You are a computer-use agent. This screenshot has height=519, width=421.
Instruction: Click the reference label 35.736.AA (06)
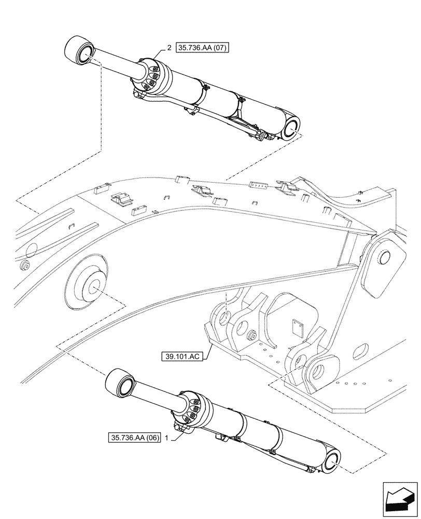[135, 438]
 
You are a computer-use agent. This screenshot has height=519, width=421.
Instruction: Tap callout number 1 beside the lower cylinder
[166, 438]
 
